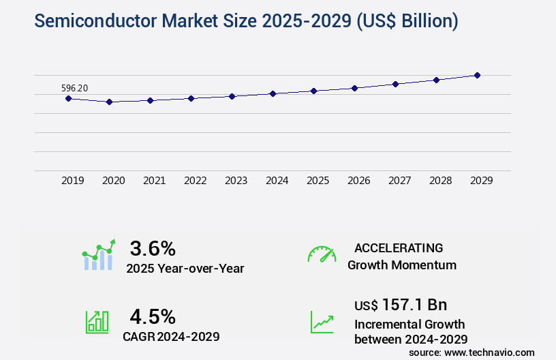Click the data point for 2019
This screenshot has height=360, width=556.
(68, 98)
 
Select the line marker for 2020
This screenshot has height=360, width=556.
(109, 102)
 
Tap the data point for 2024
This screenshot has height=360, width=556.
(273, 93)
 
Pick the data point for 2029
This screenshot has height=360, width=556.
(477, 75)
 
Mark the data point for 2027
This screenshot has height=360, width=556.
(395, 84)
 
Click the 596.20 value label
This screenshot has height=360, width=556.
(74, 88)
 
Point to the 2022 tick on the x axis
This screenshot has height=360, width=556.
(195, 181)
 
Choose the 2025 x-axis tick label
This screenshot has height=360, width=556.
(318, 181)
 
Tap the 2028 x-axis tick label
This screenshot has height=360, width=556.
(440, 181)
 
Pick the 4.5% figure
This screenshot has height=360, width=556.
(153, 316)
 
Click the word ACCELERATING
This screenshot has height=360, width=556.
(399, 247)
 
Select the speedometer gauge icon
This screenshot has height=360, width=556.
(322, 254)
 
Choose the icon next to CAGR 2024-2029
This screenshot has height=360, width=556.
(97, 322)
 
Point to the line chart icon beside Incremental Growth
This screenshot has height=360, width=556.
(322, 322)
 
